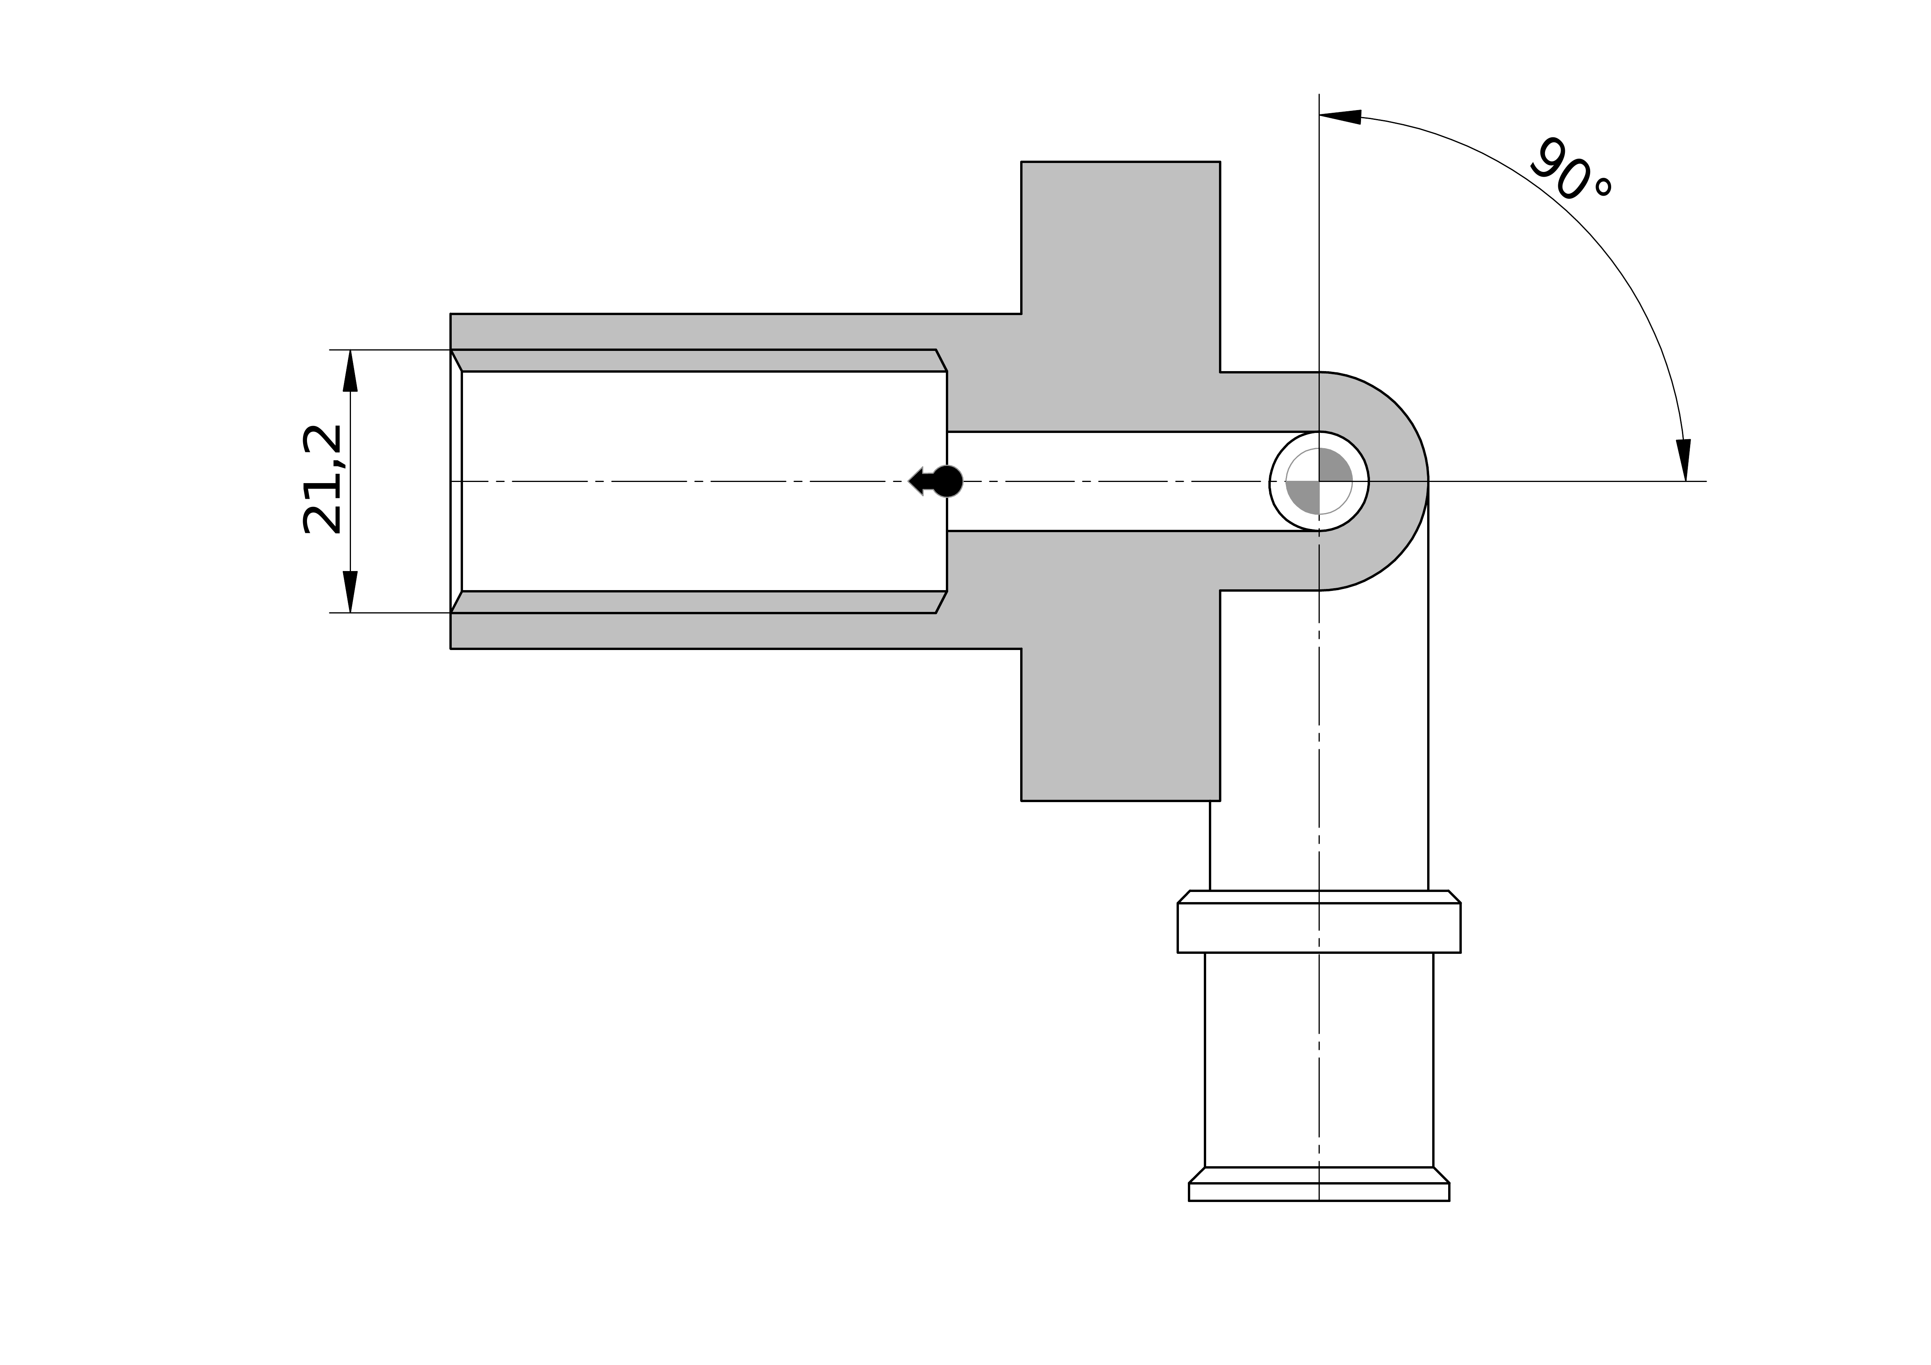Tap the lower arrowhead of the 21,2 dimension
pyautogui.click(x=350, y=591)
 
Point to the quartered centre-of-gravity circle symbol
pyautogui.click(x=1319, y=481)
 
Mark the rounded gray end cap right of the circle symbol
pyautogui.click(x=1396, y=481)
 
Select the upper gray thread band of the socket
pyautogui.click(x=698, y=360)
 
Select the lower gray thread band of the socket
pyautogui.click(x=698, y=602)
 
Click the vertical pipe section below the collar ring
pyautogui.click(x=1319, y=1060)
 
